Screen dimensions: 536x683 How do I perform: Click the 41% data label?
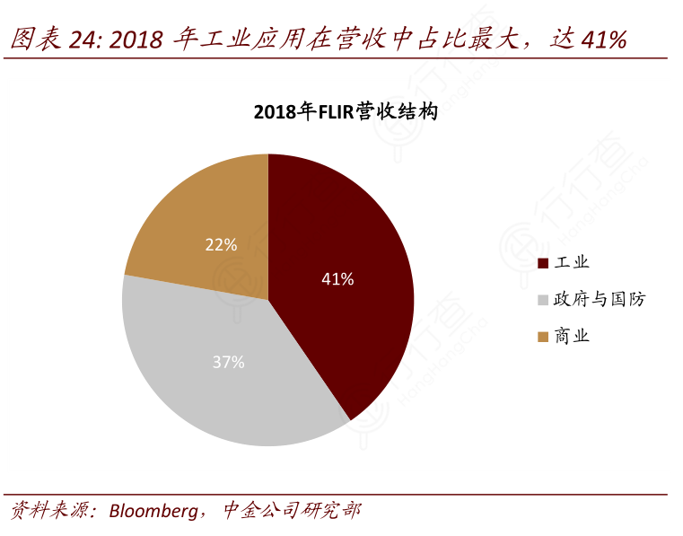click(337, 279)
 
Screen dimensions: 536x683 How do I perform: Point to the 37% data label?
click(228, 363)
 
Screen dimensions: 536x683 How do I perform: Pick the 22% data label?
click(221, 244)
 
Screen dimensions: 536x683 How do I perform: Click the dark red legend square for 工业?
click(542, 263)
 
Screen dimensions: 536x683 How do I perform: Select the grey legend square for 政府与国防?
click(542, 300)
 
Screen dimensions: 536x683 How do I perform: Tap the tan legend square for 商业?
click(542, 337)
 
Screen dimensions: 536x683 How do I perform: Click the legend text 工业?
click(572, 263)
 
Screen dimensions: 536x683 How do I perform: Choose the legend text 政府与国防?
click(600, 300)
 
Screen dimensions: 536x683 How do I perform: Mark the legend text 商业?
click(572, 337)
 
